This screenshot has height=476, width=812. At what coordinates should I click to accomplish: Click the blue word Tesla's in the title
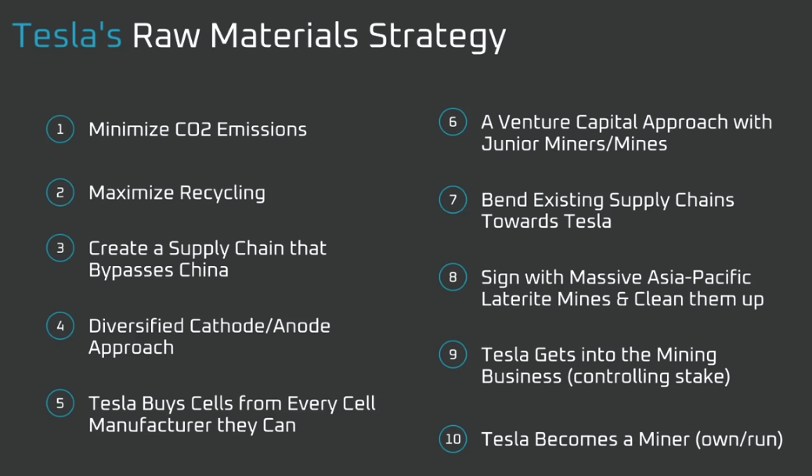tap(67, 35)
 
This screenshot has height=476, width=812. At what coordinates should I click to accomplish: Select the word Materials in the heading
tap(283, 35)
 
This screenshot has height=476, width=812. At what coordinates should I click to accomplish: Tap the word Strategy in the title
tap(437, 38)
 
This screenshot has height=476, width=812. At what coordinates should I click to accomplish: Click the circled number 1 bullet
tap(60, 129)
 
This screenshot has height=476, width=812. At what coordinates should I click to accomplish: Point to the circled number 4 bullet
tap(60, 326)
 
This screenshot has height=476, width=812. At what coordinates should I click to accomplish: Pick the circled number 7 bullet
tap(453, 200)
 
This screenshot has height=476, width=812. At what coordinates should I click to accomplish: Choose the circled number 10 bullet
tap(453, 438)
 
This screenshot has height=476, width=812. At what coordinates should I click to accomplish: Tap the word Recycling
tap(222, 193)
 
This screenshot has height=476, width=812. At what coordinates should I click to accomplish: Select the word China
tap(204, 270)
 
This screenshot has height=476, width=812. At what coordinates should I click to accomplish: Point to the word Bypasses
tap(132, 271)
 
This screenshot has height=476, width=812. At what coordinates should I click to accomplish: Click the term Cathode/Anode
tap(260, 326)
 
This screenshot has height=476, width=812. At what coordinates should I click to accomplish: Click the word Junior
tap(511, 143)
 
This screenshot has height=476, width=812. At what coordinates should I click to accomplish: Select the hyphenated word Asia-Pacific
tap(660, 278)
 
